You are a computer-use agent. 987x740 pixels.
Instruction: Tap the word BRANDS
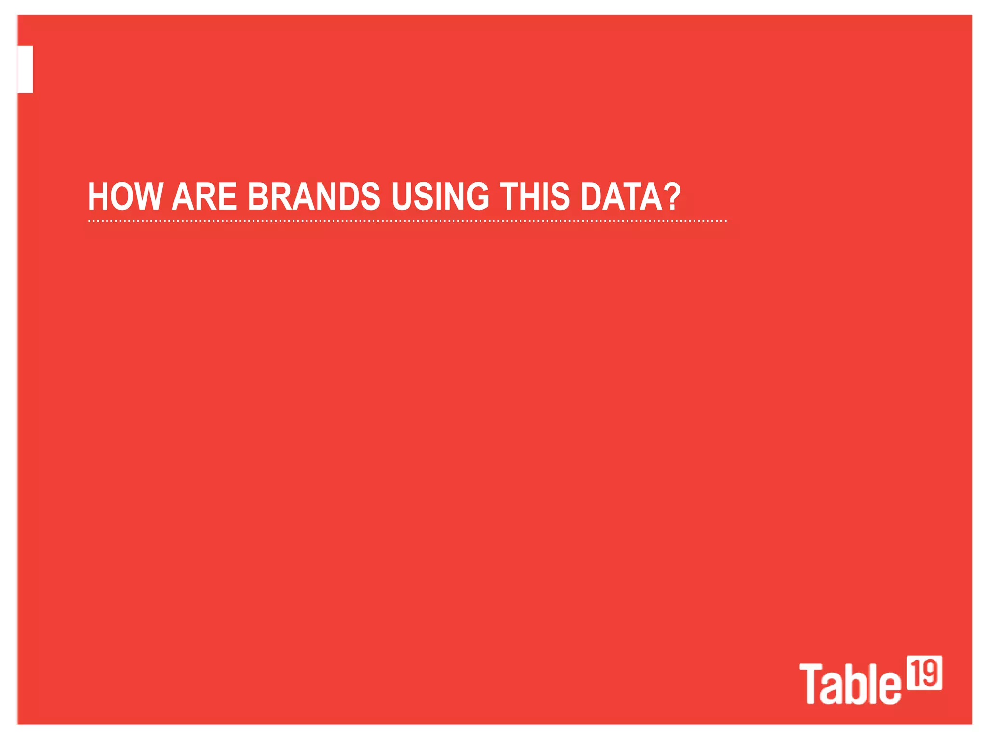point(313,197)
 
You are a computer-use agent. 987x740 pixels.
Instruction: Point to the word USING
point(440,197)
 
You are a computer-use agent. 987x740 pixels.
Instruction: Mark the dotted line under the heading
point(407,221)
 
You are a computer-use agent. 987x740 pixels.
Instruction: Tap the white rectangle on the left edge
point(25,69)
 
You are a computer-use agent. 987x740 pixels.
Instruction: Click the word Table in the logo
point(849,684)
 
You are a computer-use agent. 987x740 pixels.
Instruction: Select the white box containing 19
point(924,673)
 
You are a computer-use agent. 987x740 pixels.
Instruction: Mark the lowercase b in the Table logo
point(854,684)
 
